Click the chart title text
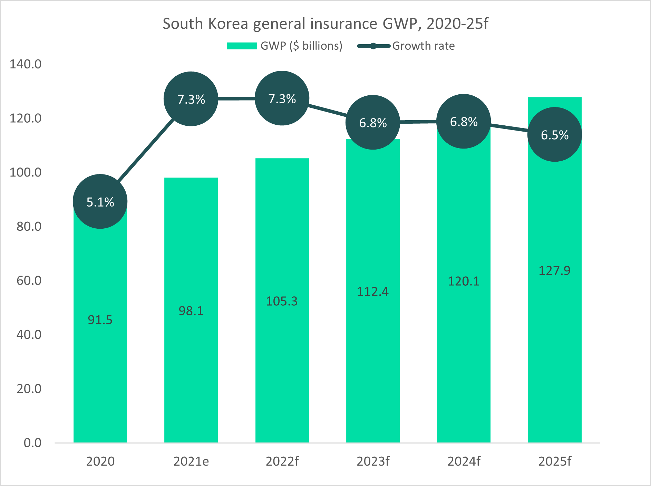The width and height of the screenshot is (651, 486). (x=325, y=24)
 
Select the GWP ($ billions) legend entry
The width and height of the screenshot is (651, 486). (x=284, y=46)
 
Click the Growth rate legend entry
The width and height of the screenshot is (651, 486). (x=406, y=46)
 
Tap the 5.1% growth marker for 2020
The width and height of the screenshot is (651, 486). (x=100, y=202)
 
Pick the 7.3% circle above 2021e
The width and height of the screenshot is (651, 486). (x=191, y=99)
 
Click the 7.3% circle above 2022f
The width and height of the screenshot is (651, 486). (x=282, y=98)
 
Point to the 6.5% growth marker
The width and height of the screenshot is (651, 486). (x=554, y=135)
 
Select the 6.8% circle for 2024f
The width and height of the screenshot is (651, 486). (x=464, y=122)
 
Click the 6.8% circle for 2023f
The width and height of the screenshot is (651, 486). (x=373, y=123)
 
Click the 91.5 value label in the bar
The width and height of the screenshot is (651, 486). (x=100, y=320)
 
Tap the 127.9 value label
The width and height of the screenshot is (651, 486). (x=554, y=270)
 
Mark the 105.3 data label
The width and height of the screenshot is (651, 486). (x=282, y=301)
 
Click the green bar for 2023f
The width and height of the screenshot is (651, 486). (x=373, y=363)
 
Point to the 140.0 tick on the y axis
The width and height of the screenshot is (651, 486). (x=26, y=64)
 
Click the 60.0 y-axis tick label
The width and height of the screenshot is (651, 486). (x=29, y=280)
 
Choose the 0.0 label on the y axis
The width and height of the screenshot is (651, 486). (x=32, y=443)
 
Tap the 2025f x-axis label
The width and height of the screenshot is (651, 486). (x=555, y=461)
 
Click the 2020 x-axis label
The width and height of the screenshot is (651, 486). (x=100, y=461)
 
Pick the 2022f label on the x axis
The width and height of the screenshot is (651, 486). (x=282, y=461)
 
